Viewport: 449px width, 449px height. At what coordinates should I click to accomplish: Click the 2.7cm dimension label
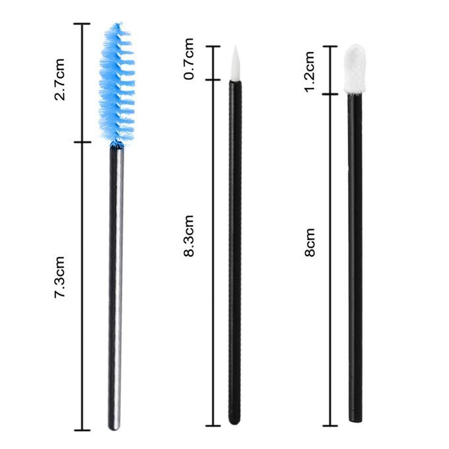(60, 79)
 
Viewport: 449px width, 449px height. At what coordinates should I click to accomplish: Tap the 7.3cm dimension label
(60, 277)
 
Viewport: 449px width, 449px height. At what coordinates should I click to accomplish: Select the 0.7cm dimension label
(189, 59)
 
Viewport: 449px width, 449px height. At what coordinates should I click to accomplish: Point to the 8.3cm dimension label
(189, 236)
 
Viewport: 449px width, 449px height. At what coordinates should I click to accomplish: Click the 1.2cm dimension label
(310, 72)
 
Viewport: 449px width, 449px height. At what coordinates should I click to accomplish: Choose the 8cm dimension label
(310, 242)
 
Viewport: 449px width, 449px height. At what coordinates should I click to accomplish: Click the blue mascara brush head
(117, 85)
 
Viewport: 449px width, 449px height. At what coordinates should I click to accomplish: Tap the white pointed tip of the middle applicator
(234, 63)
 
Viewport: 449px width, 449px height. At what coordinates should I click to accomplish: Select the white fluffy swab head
(355, 69)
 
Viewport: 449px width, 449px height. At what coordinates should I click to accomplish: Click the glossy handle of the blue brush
(116, 289)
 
